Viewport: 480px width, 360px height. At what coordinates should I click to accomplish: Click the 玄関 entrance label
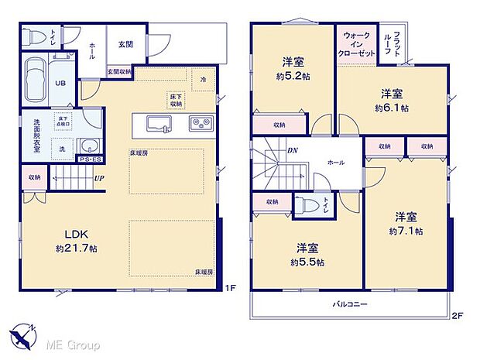tap(125, 45)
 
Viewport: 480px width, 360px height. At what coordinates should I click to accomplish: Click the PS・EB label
tap(89, 160)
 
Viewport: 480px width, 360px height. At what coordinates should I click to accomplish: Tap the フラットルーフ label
tap(396, 43)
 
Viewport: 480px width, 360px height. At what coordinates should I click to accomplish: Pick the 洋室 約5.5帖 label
tap(307, 255)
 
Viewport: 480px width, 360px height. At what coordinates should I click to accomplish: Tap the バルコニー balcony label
tap(350, 303)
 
